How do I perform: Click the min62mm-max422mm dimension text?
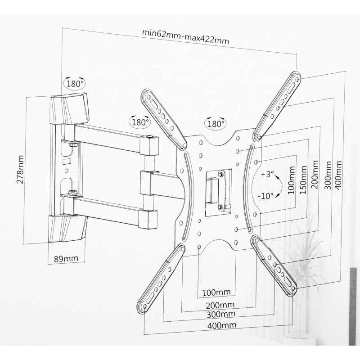click(185, 36)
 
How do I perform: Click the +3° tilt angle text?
click(269, 175)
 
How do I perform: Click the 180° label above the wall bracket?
click(74, 84)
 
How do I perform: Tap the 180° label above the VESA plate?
click(215, 123)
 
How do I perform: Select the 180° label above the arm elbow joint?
click(139, 122)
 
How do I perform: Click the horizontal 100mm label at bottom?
click(216, 292)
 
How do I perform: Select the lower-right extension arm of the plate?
click(274, 264)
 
